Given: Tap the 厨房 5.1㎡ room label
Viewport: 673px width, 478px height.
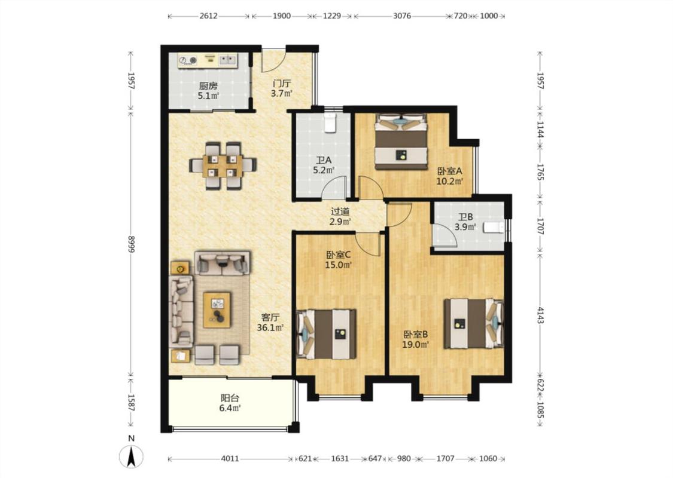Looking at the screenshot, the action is coord(208,90).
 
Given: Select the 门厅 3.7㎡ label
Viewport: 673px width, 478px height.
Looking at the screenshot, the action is coord(282,88).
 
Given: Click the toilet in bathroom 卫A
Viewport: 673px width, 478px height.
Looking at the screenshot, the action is coord(330,122).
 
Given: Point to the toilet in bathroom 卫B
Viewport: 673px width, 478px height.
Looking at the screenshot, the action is coord(494,227).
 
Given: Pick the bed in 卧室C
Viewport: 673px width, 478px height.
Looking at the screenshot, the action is coord(327,334).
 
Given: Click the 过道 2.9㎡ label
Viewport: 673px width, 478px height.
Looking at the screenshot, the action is coord(340,216).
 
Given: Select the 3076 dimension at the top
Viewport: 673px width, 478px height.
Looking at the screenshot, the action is coord(402,16).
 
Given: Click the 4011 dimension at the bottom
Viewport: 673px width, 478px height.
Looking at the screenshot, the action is coord(230,458).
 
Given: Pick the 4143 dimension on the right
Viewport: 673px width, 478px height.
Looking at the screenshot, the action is coord(540,315).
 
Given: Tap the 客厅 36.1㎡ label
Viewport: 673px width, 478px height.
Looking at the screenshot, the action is coord(270,323).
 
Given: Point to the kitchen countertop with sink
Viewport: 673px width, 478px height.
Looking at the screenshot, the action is coord(208,60).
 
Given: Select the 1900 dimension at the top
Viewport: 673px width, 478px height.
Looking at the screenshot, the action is coord(282,16).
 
